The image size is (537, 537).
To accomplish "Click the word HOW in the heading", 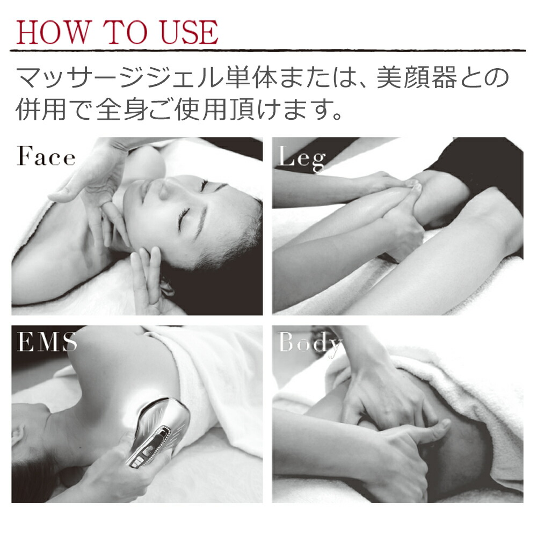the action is coord(53,32).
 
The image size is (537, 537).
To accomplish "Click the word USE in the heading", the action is coord(189,32).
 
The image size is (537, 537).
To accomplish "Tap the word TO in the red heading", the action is coord(125,32).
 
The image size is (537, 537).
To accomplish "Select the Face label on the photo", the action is coord(46,156).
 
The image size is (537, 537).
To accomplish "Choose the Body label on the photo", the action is coord(310,344).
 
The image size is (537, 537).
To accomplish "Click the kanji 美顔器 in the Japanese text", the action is coord(417,77).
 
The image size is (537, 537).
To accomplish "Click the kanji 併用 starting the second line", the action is coord(41,110).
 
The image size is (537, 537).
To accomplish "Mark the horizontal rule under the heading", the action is coord(267,50).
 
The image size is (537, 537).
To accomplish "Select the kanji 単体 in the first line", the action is coord(251,77).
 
